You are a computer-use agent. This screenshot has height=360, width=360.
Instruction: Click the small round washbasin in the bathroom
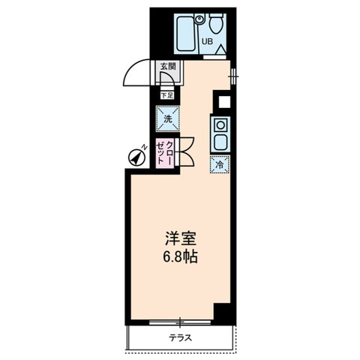coord(199,18)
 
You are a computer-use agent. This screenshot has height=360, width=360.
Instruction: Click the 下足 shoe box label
coord(166,94)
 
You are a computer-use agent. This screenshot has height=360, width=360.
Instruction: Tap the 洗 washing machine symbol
coord(166,118)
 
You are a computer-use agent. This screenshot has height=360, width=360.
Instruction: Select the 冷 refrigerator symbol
coord(220,164)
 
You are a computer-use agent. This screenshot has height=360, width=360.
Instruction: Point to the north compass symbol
coord(135,157)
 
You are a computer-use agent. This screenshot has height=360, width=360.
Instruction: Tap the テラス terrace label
coord(180,337)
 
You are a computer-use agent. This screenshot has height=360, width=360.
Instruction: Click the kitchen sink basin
coord(221,141)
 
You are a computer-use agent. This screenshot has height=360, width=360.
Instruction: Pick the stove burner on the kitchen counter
coord(221,124)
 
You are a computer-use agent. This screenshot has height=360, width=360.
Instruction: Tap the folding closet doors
coord(185,152)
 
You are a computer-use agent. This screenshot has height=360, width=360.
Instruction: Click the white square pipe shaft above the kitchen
coord(222,101)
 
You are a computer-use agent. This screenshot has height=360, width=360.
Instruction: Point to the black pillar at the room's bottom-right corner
coord(222,312)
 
